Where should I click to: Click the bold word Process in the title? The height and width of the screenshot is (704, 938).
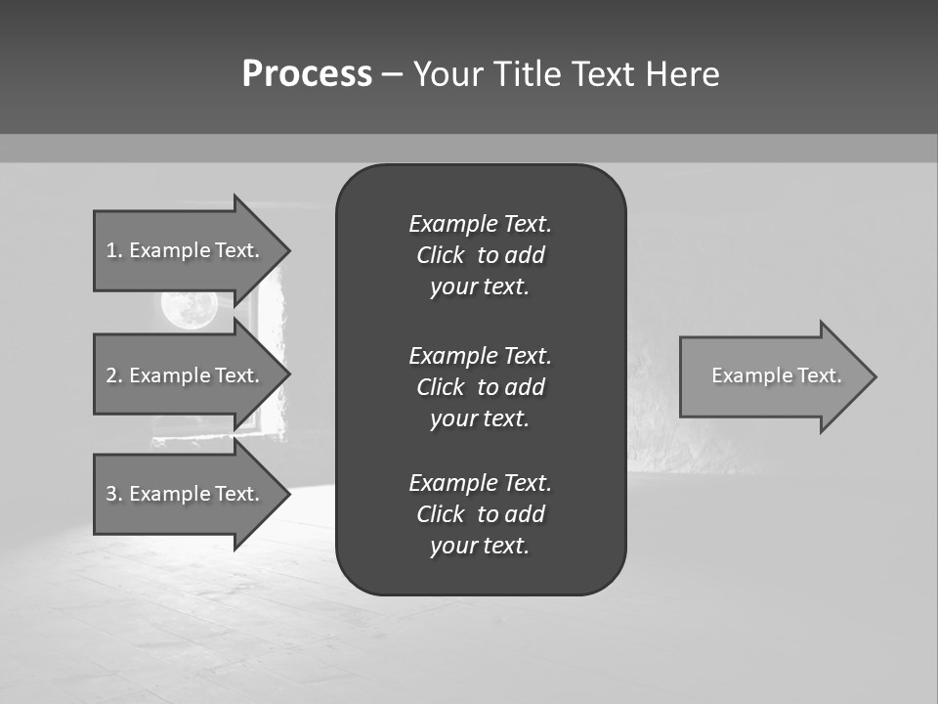click(x=307, y=74)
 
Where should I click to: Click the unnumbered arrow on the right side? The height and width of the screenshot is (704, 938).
click(x=772, y=375)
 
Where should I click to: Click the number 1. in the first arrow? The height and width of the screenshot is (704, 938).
click(x=114, y=250)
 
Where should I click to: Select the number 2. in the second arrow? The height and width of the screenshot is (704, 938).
click(x=114, y=375)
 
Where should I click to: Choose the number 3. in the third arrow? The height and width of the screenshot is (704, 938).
click(x=114, y=494)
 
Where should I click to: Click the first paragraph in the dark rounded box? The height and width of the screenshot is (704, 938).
click(x=480, y=255)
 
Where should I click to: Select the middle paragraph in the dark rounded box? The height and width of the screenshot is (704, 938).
click(x=480, y=386)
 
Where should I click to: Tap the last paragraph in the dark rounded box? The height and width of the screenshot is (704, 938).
click(x=480, y=514)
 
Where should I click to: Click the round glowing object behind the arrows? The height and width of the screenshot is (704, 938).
click(x=189, y=309)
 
